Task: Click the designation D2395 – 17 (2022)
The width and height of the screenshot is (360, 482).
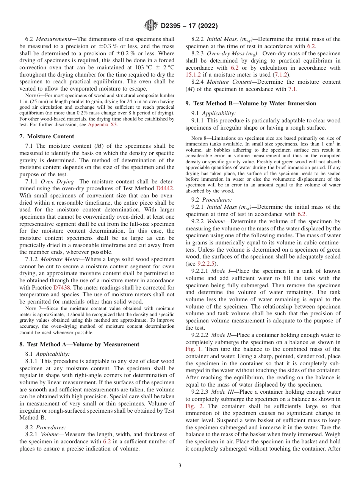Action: [189, 26]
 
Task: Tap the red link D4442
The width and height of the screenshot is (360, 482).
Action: [165, 188]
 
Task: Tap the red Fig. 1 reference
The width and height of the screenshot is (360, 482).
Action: [194, 349]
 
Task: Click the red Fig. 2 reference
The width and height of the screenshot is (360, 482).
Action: [194, 406]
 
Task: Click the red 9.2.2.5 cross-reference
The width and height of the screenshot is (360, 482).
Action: [208, 264]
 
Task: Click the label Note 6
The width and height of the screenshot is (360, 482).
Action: [33, 95]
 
